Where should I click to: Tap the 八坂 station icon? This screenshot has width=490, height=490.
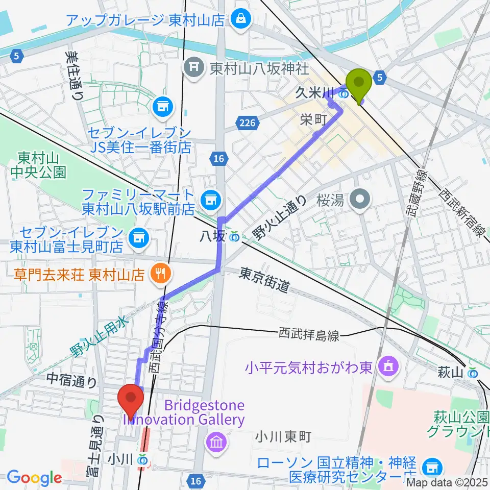pos(234,236)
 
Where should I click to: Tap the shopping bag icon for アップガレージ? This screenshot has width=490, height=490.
pos(238,19)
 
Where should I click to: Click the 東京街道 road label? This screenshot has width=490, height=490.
pos(264,280)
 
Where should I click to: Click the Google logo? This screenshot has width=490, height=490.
pos(34,477)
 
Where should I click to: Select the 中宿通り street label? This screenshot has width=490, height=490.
pos(71,380)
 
